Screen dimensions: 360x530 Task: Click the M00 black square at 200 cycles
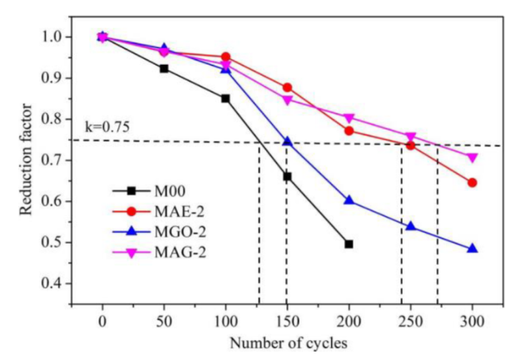pos(349,244)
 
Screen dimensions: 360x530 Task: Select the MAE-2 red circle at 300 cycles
pos(473,182)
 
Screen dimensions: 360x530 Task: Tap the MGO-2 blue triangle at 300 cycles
pos(473,249)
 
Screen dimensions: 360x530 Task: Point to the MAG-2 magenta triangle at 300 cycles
pos(473,157)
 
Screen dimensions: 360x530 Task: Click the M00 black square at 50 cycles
pos(164,68)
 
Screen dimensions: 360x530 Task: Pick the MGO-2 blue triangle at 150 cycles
pos(287,142)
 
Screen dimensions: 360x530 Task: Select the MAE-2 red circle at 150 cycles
pos(287,87)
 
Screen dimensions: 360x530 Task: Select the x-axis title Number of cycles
pos(287,343)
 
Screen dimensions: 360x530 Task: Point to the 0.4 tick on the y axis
pos(62,284)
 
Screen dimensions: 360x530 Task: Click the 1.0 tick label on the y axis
pos(62,37)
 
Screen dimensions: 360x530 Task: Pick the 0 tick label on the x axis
pos(102,322)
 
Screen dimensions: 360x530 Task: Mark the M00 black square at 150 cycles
pos(287,176)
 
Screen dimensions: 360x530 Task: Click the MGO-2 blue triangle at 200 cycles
pos(349,200)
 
